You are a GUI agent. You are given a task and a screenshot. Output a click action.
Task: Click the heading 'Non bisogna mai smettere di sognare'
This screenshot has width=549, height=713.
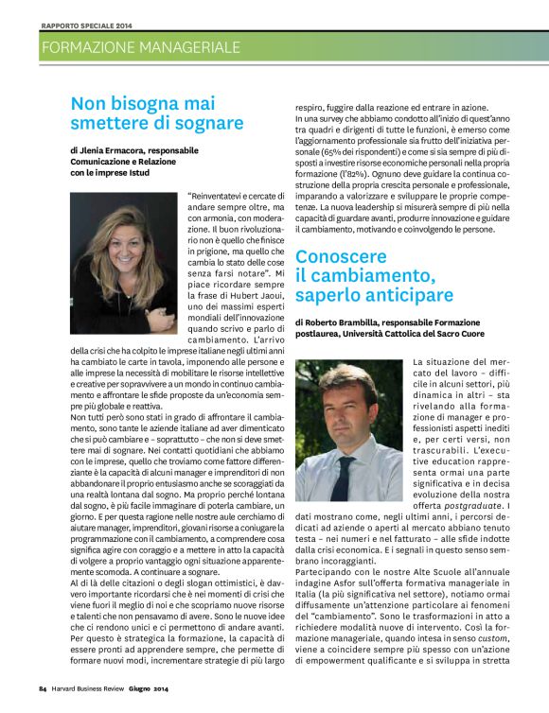[156, 113]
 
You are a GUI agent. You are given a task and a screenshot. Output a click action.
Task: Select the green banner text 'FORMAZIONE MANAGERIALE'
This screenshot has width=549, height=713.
[141, 46]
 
